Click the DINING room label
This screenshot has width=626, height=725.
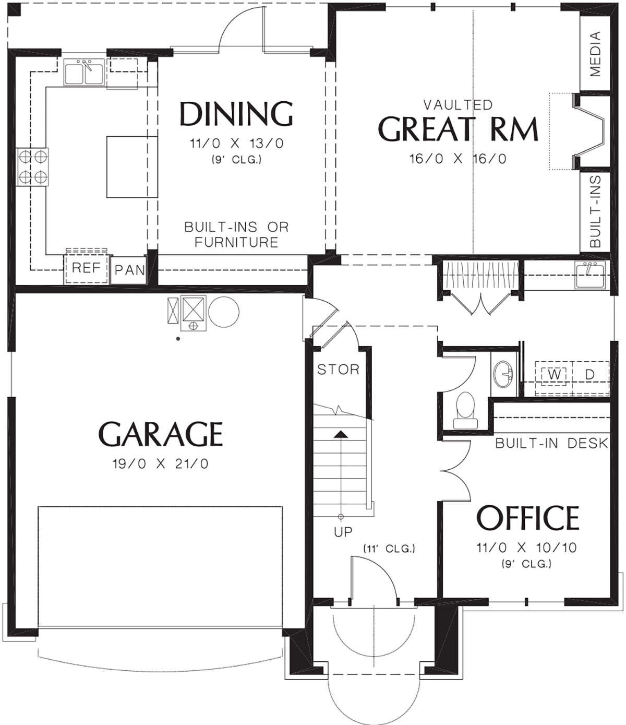point(236,114)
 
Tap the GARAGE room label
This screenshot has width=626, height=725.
point(161,434)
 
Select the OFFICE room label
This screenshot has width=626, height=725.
point(527,518)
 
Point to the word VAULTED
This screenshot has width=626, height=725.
point(458,104)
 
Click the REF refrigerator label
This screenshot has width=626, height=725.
point(86,268)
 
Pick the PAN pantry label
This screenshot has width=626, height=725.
point(130,270)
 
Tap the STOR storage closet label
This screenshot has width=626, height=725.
point(338,370)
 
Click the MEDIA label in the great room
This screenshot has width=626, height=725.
point(596,54)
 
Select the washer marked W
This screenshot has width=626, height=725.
point(554,374)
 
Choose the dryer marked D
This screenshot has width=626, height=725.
point(590,374)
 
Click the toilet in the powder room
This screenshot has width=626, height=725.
point(465,410)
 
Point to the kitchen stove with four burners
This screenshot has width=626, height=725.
point(32,167)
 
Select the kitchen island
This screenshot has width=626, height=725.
point(132,168)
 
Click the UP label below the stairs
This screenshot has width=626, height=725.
point(343,532)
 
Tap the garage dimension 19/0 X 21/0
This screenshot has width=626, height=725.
point(161,464)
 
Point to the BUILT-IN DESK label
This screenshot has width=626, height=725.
point(552,443)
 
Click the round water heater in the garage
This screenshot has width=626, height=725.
point(224,312)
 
